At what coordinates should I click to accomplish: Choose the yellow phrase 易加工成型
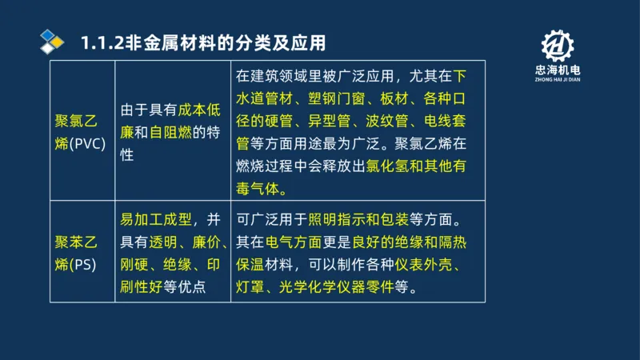pyautogui.click(x=154, y=219)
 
